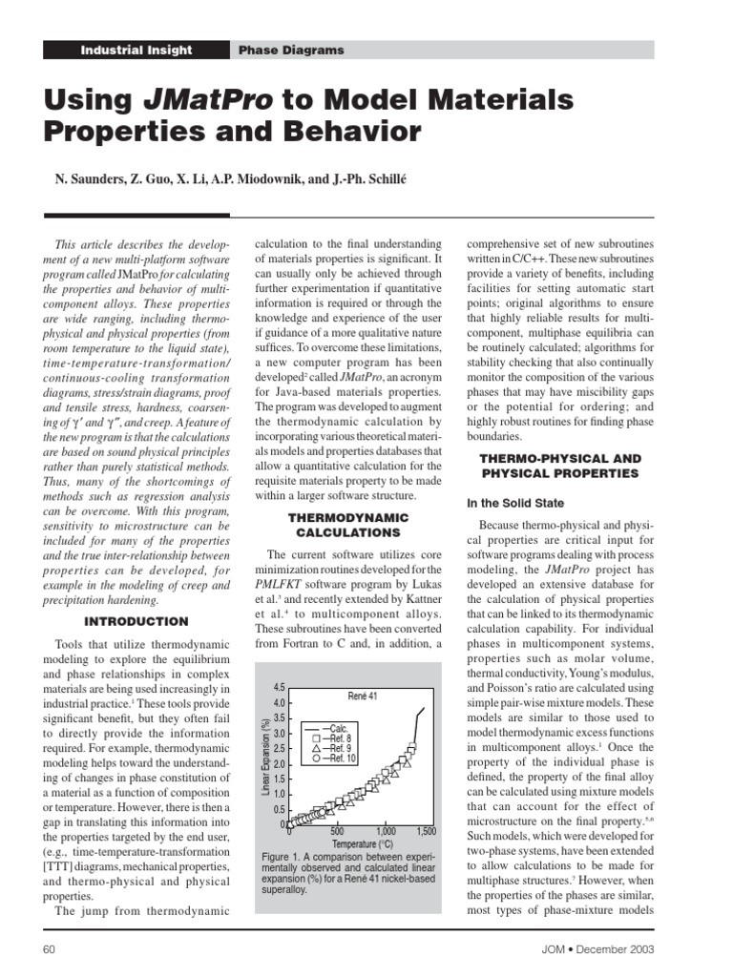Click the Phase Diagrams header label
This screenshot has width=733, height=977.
pos(291,50)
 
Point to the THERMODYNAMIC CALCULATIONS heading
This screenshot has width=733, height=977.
pos(347,525)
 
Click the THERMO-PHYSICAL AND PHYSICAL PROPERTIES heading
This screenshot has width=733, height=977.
pos(559,467)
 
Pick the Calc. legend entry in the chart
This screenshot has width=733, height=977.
pos(325,726)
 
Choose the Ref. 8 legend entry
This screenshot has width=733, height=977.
pos(325,738)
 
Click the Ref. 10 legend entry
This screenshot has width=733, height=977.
pos(325,759)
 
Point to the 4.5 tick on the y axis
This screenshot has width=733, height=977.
pos(280,687)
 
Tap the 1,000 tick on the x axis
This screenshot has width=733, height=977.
pos(386,832)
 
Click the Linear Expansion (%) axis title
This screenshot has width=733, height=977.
pos(266,757)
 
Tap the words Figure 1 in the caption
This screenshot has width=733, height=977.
pos(282,857)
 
